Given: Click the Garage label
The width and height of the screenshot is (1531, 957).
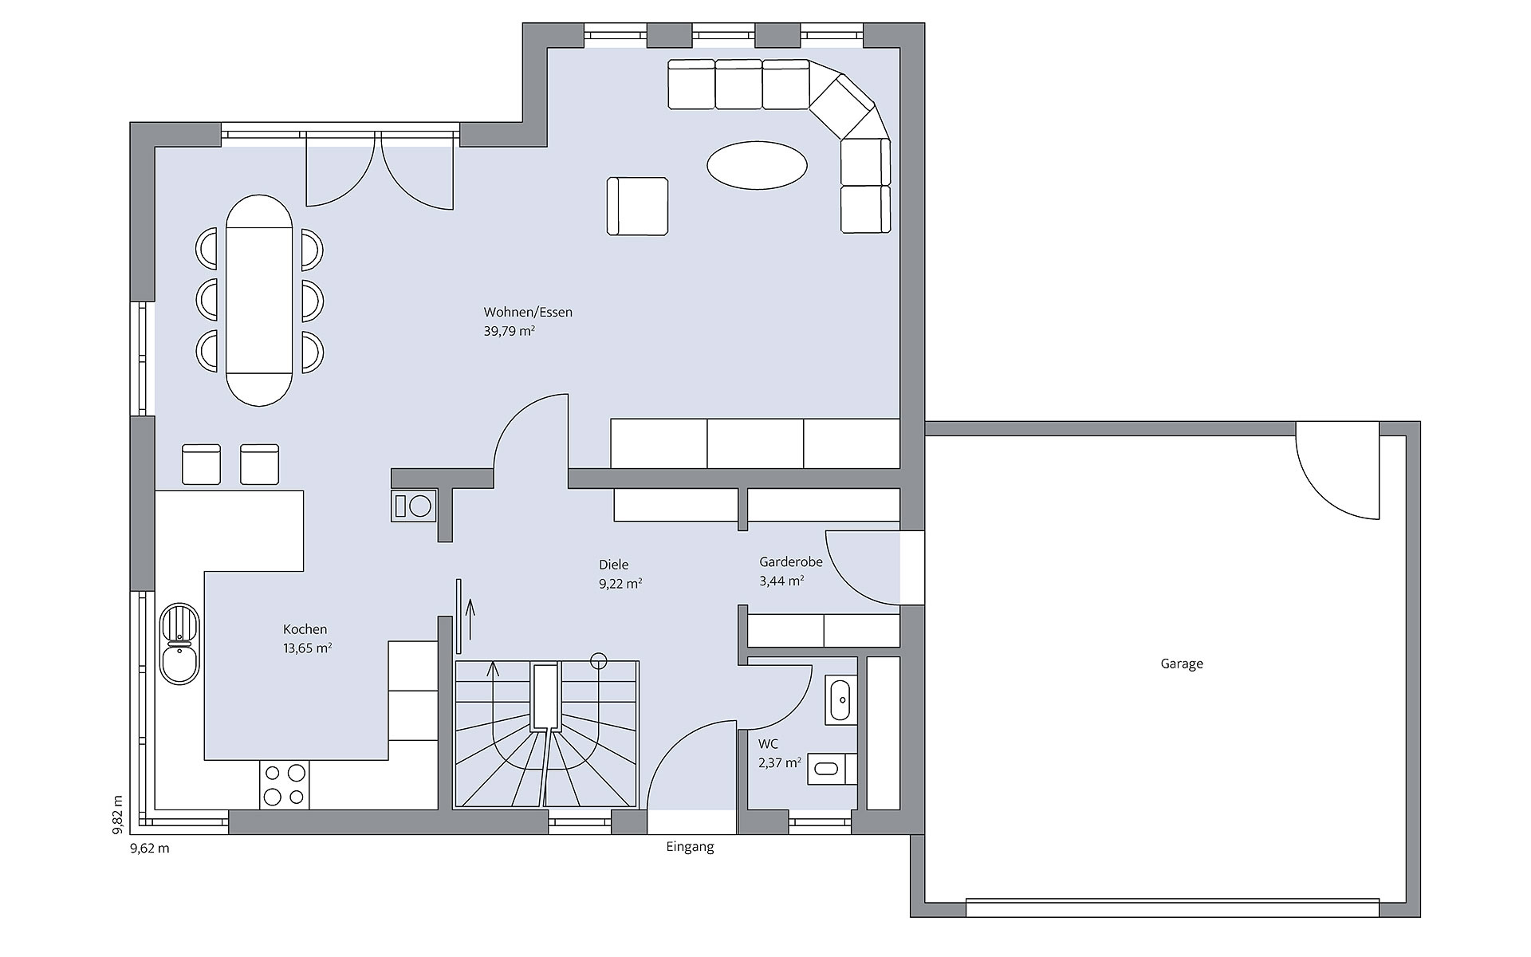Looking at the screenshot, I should tap(1181, 664).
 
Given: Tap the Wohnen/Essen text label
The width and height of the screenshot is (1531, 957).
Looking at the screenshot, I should tap(528, 313).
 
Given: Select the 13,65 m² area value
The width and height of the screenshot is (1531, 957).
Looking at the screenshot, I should tap(307, 648).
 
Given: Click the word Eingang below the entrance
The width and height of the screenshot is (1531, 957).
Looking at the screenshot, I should tap(690, 848).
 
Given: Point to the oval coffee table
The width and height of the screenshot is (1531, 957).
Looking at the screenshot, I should tap(757, 166).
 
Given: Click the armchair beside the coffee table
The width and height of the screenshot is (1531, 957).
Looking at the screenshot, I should tap(637, 207).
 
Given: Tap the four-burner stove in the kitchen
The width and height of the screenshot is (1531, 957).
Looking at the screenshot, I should tap(285, 785).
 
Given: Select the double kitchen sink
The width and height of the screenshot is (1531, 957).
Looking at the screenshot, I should tap(180, 644).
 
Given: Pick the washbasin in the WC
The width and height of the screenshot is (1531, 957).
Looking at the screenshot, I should tap(840, 699).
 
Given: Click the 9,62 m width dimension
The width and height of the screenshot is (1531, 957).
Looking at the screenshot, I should tap(150, 849).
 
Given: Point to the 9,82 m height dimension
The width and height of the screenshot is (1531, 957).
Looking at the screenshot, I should tap(118, 813).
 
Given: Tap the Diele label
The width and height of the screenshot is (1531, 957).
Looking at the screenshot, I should tap(613, 565).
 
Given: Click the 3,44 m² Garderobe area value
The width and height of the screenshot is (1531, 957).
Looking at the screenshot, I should tap(781, 581).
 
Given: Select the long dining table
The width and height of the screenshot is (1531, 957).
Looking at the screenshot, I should tap(258, 301).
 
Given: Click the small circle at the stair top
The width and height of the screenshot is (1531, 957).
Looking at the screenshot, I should tap(598, 660).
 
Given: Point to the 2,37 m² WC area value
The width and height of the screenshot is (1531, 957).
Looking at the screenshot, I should tap(779, 763).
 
